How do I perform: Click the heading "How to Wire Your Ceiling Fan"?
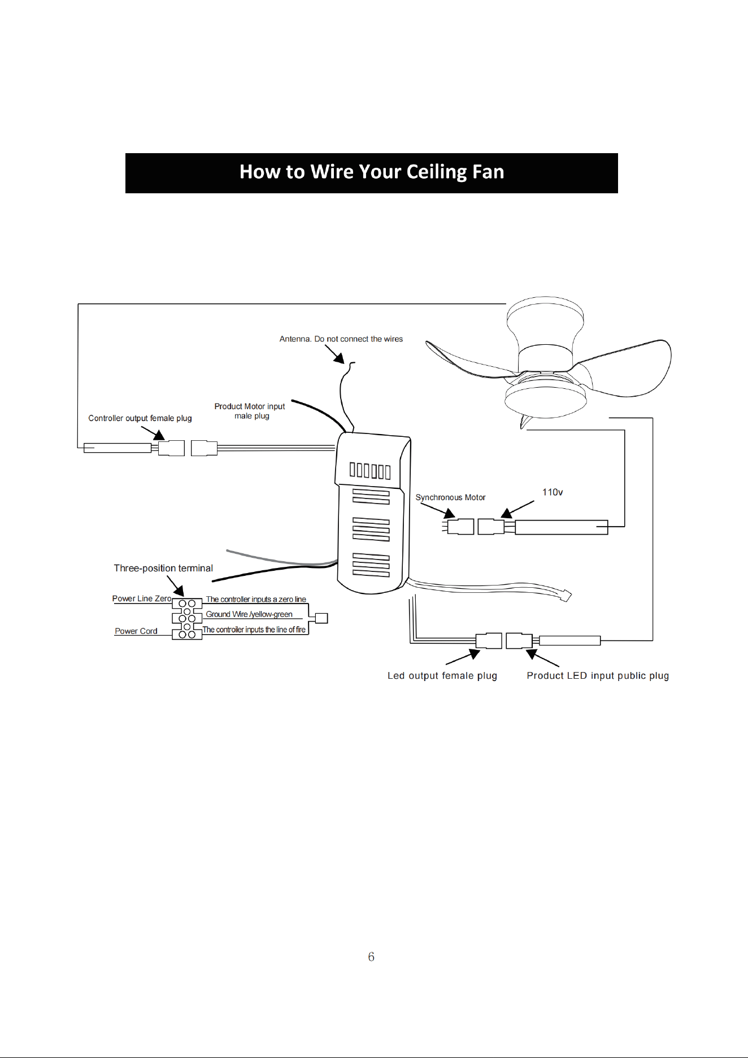tap(372, 172)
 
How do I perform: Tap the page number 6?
tap(371, 956)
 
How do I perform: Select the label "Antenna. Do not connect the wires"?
tap(341, 339)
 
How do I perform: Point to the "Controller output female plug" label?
tap(140, 418)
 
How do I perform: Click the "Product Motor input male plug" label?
tap(250, 411)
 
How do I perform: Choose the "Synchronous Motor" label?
tap(450, 497)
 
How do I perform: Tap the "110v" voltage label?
tap(553, 492)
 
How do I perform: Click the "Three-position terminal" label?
tap(163, 568)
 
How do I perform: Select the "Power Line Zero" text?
tap(142, 599)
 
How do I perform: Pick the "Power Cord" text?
tap(136, 631)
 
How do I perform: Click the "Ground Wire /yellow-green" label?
tap(249, 614)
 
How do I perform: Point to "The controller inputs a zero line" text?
tap(256, 599)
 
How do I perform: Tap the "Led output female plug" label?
tap(442, 675)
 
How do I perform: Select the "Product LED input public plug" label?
tap(598, 675)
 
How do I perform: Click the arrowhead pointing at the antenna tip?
tap(339, 358)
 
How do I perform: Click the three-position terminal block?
tap(187, 619)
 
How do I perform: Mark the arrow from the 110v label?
tap(517, 509)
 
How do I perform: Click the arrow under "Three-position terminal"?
tap(176, 586)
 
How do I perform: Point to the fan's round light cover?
tap(546, 399)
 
